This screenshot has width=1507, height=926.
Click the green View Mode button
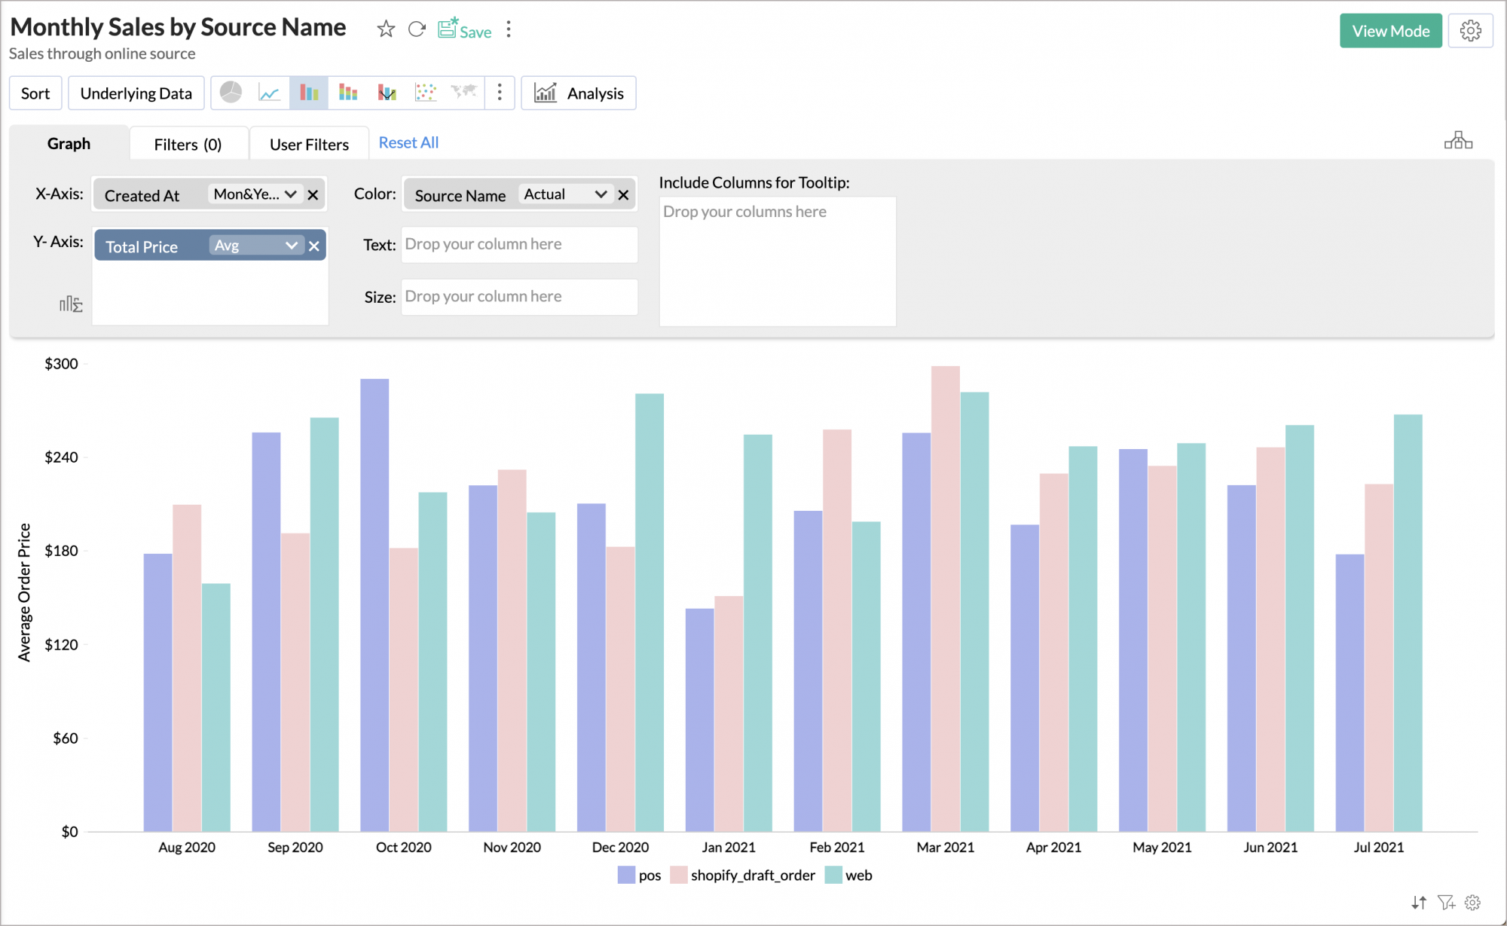(1389, 31)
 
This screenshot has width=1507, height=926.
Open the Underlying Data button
(136, 93)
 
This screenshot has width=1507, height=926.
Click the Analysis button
(579, 93)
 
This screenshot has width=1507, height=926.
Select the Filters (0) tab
(188, 144)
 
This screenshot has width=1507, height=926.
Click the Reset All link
(408, 142)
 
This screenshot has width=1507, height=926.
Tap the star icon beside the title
(386, 29)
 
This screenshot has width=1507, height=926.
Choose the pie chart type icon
(231, 93)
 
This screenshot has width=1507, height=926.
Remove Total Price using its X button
(314, 246)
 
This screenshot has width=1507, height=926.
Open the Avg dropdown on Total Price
(256, 246)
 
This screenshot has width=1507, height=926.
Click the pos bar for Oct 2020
(374, 603)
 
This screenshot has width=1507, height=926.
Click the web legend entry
(849, 876)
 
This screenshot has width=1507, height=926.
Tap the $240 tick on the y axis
(61, 457)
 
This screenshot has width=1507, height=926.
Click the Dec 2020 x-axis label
(620, 848)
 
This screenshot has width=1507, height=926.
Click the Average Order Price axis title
(24, 592)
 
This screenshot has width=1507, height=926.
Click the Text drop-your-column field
(519, 244)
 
